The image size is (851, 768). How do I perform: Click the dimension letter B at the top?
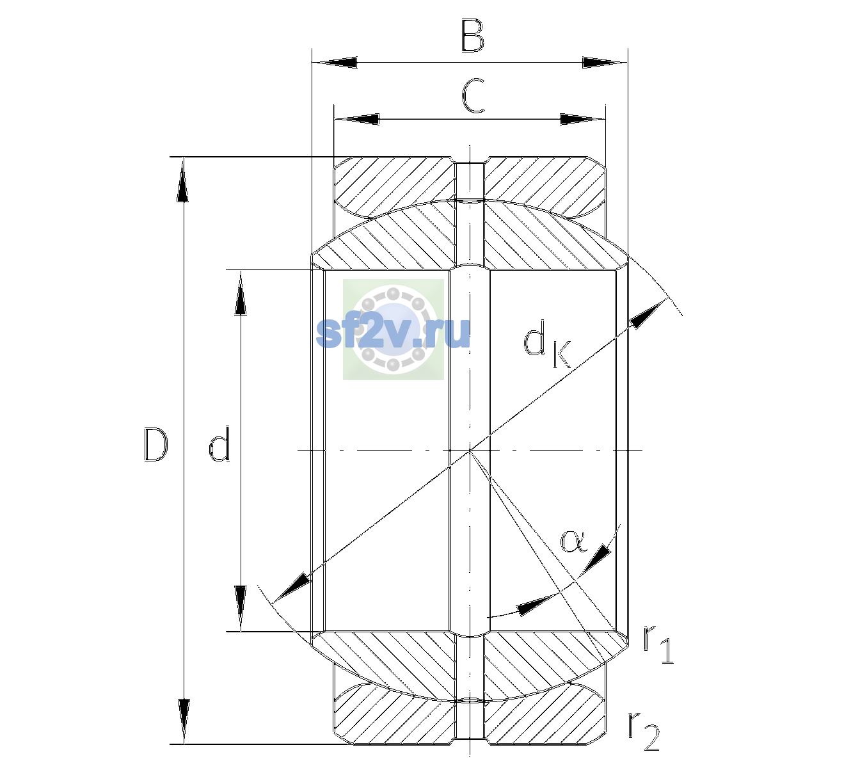(472, 36)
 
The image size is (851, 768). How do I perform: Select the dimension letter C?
(473, 96)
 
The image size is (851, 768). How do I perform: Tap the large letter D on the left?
(155, 445)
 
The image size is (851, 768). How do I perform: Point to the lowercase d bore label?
(219, 444)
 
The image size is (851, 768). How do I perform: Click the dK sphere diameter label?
(546, 344)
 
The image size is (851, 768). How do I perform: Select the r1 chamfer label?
(658, 644)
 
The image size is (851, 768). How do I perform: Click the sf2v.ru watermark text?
(393, 333)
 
